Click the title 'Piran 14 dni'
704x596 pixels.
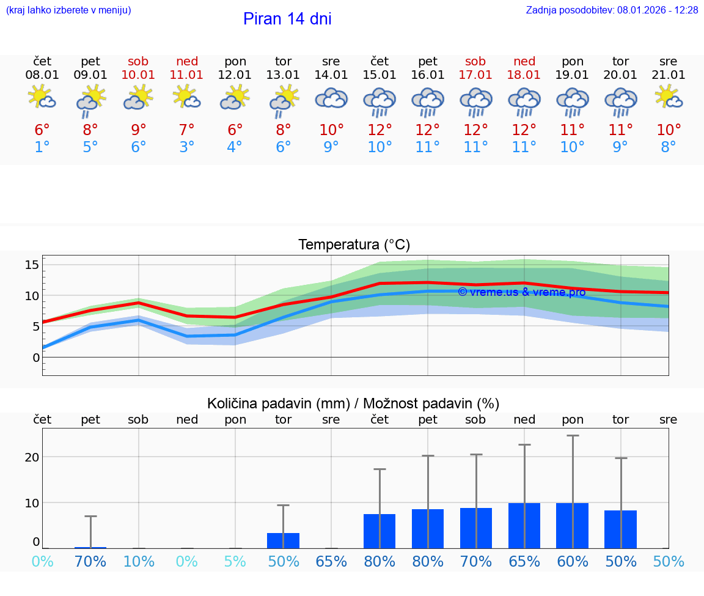click(x=287, y=19)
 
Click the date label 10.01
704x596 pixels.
click(x=139, y=75)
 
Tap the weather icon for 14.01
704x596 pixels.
click(x=331, y=98)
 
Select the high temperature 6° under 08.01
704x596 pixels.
click(x=42, y=130)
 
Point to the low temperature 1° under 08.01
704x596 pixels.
click(x=42, y=147)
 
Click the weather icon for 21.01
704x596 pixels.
click(x=669, y=97)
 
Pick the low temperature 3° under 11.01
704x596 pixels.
click(x=187, y=147)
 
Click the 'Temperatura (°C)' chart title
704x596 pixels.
click(x=354, y=245)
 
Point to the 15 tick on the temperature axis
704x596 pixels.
click(x=32, y=265)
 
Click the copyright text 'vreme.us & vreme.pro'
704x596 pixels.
click(x=522, y=292)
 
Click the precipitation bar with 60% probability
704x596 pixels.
click(x=572, y=525)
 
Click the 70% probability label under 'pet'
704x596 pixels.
click(x=90, y=561)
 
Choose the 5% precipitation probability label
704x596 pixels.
click(x=235, y=561)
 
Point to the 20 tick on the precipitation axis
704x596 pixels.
click(x=32, y=457)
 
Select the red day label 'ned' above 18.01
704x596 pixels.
click(x=524, y=61)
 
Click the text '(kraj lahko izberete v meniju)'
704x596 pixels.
click(x=68, y=10)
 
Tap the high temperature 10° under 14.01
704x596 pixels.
click(x=331, y=130)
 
